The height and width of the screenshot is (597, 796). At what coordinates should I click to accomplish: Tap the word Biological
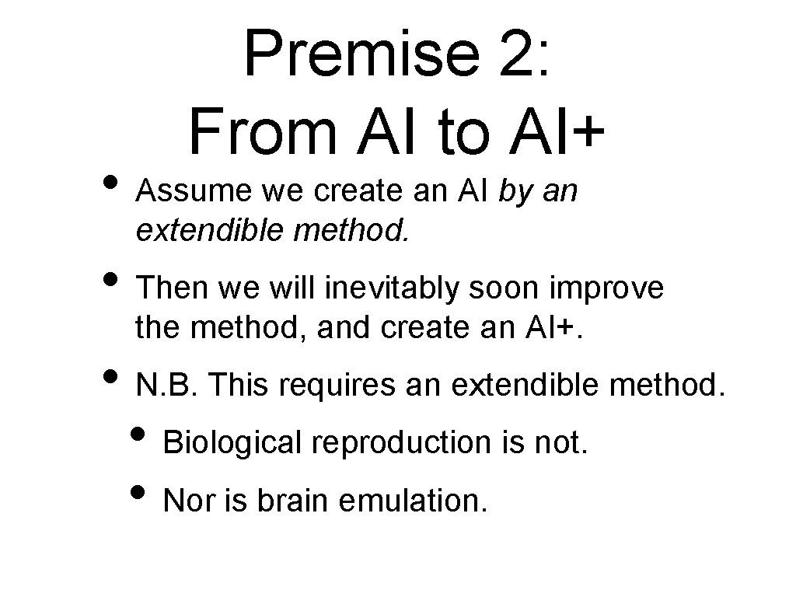click(232, 443)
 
